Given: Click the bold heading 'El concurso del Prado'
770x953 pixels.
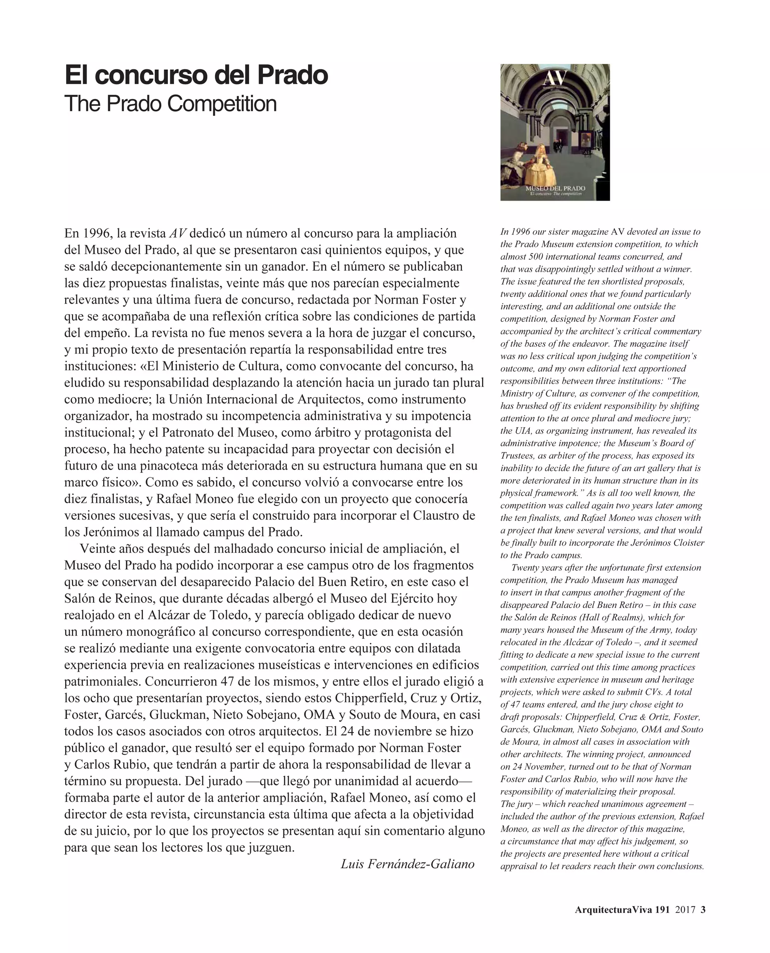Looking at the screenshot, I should tap(196, 75).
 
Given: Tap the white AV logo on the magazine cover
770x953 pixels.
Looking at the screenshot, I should tap(555, 79).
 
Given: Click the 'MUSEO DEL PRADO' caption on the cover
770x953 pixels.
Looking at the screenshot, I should tap(555, 189).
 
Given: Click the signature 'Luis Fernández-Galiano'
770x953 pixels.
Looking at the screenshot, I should tap(407, 864).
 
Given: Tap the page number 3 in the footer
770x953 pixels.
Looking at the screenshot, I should tap(703, 910).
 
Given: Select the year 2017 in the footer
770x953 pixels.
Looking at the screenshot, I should tap(685, 910).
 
